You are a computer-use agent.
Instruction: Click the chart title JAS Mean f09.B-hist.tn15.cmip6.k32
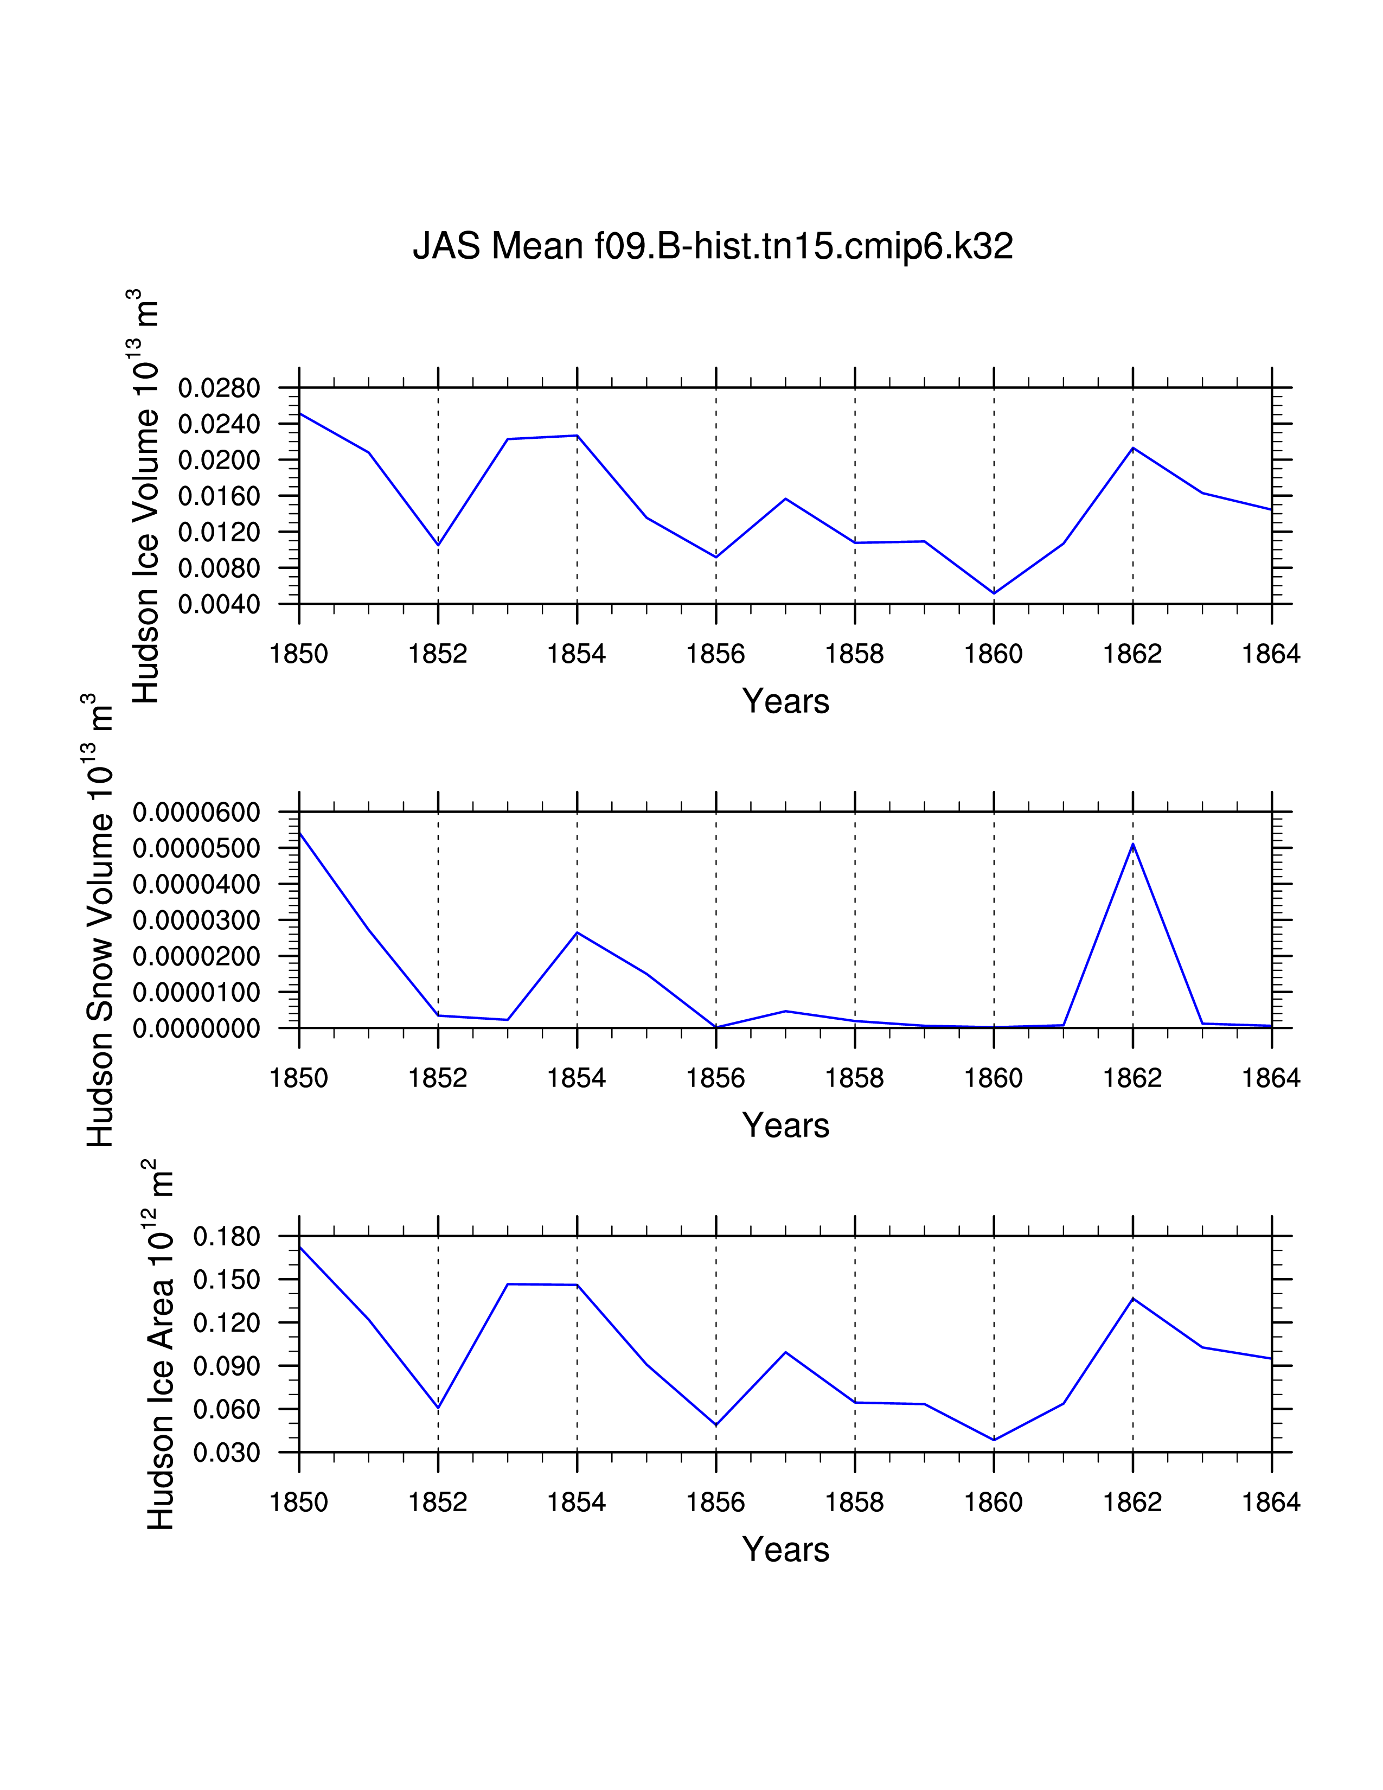[712, 246]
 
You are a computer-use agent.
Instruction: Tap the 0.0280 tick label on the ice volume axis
[219, 388]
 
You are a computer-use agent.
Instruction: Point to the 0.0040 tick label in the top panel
[219, 605]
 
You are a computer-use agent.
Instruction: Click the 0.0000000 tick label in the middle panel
[197, 1028]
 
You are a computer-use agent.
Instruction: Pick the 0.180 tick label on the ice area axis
[226, 1237]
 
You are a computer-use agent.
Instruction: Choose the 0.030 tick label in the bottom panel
[226, 1453]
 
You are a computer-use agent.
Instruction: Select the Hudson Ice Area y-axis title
[160, 1344]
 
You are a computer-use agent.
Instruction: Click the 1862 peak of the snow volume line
[1133, 844]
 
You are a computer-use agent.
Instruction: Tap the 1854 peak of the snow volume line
[578, 933]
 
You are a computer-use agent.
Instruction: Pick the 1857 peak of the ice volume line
[786, 498]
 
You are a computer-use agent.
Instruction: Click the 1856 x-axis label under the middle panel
[715, 1078]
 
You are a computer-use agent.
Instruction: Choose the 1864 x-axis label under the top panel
[1271, 654]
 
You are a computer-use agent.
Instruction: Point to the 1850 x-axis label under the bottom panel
[298, 1503]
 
